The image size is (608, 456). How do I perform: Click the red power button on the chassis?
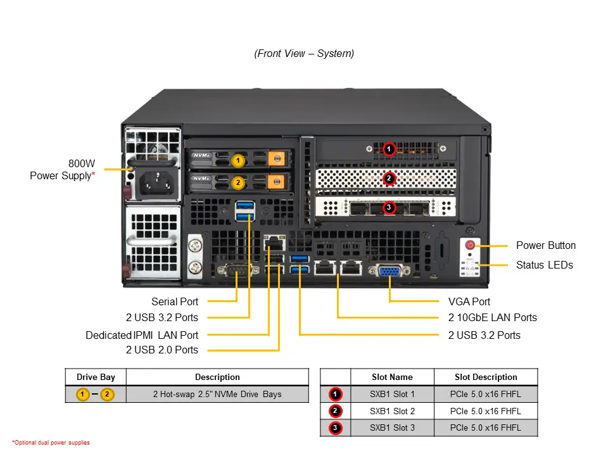(470, 245)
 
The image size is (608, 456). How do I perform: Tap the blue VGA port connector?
(388, 271)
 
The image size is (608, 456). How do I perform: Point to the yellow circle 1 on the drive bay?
(237, 161)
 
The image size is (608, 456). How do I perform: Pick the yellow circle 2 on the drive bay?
(237, 182)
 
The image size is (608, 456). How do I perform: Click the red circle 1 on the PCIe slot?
(389, 149)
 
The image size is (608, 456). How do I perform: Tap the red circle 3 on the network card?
(389, 207)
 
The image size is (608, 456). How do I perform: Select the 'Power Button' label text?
(545, 246)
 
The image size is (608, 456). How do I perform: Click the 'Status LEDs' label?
(544, 265)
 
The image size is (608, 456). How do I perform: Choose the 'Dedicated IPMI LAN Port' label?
(142, 335)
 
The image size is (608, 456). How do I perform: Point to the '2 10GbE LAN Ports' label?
(492, 317)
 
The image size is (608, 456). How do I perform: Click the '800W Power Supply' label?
(63, 170)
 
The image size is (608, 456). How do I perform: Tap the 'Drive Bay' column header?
(96, 377)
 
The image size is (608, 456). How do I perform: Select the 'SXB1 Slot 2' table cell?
(392, 411)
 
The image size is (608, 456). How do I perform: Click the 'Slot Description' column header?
(486, 377)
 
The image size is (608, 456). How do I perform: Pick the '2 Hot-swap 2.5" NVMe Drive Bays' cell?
(217, 394)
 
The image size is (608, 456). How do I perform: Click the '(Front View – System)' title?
(304, 54)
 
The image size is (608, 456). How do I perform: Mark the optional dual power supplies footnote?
(51, 443)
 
